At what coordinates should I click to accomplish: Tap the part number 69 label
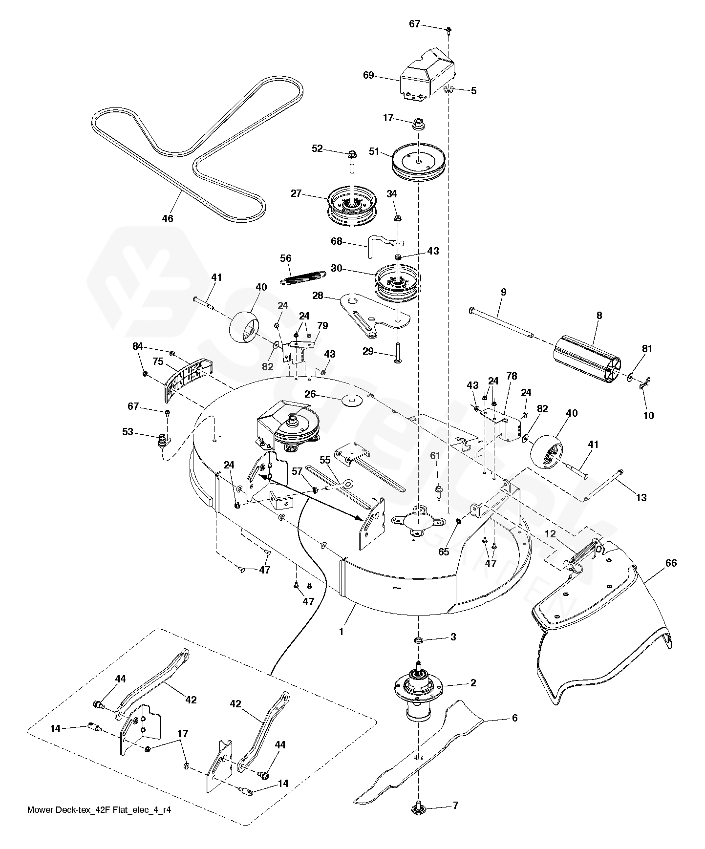click(368, 75)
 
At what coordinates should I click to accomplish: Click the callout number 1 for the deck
click(341, 631)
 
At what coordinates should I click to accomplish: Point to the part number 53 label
click(128, 432)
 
